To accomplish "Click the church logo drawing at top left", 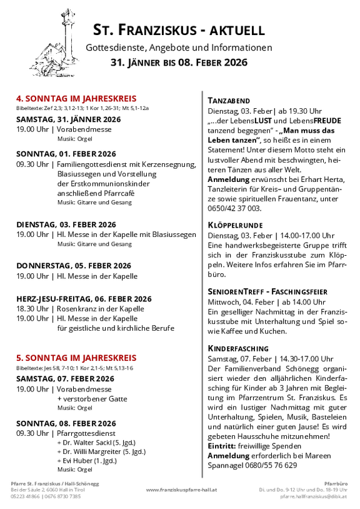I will [x=55, y=43].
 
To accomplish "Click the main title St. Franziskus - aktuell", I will [x=179, y=30].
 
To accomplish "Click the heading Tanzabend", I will [x=229, y=101].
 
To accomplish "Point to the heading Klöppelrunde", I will [x=235, y=224].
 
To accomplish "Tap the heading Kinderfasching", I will [x=238, y=348].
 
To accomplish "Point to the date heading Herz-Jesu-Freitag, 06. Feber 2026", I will [x=84, y=299].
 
